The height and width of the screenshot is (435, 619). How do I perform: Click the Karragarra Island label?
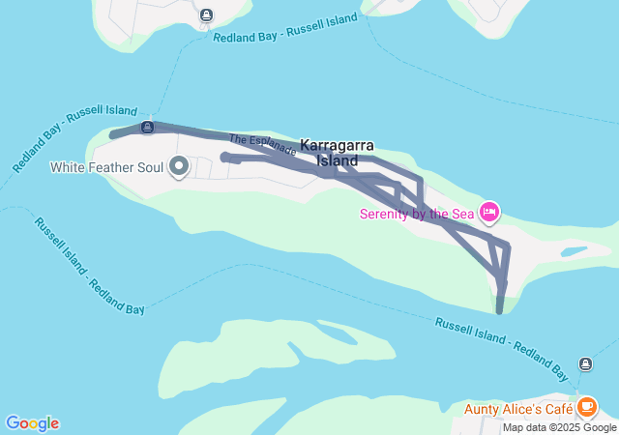(337, 152)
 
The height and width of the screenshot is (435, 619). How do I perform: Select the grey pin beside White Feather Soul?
(179, 167)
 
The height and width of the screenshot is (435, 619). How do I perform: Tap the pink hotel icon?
(489, 211)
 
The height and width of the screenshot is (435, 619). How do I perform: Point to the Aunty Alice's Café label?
(519, 408)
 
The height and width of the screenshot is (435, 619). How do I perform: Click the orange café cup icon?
(586, 407)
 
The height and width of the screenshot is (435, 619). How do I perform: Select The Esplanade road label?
(262, 145)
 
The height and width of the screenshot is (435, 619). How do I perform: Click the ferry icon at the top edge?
(207, 14)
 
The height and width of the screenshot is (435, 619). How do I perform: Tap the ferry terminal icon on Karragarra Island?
(147, 127)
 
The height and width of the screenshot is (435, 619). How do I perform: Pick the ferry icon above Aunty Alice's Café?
(586, 363)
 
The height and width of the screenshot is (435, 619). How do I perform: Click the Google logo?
(32, 423)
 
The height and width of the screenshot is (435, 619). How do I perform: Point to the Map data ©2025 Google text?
(559, 427)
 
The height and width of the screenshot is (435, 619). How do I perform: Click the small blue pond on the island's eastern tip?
(574, 251)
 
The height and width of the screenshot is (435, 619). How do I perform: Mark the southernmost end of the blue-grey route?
(500, 310)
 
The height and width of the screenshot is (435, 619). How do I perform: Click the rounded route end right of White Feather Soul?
(225, 157)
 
